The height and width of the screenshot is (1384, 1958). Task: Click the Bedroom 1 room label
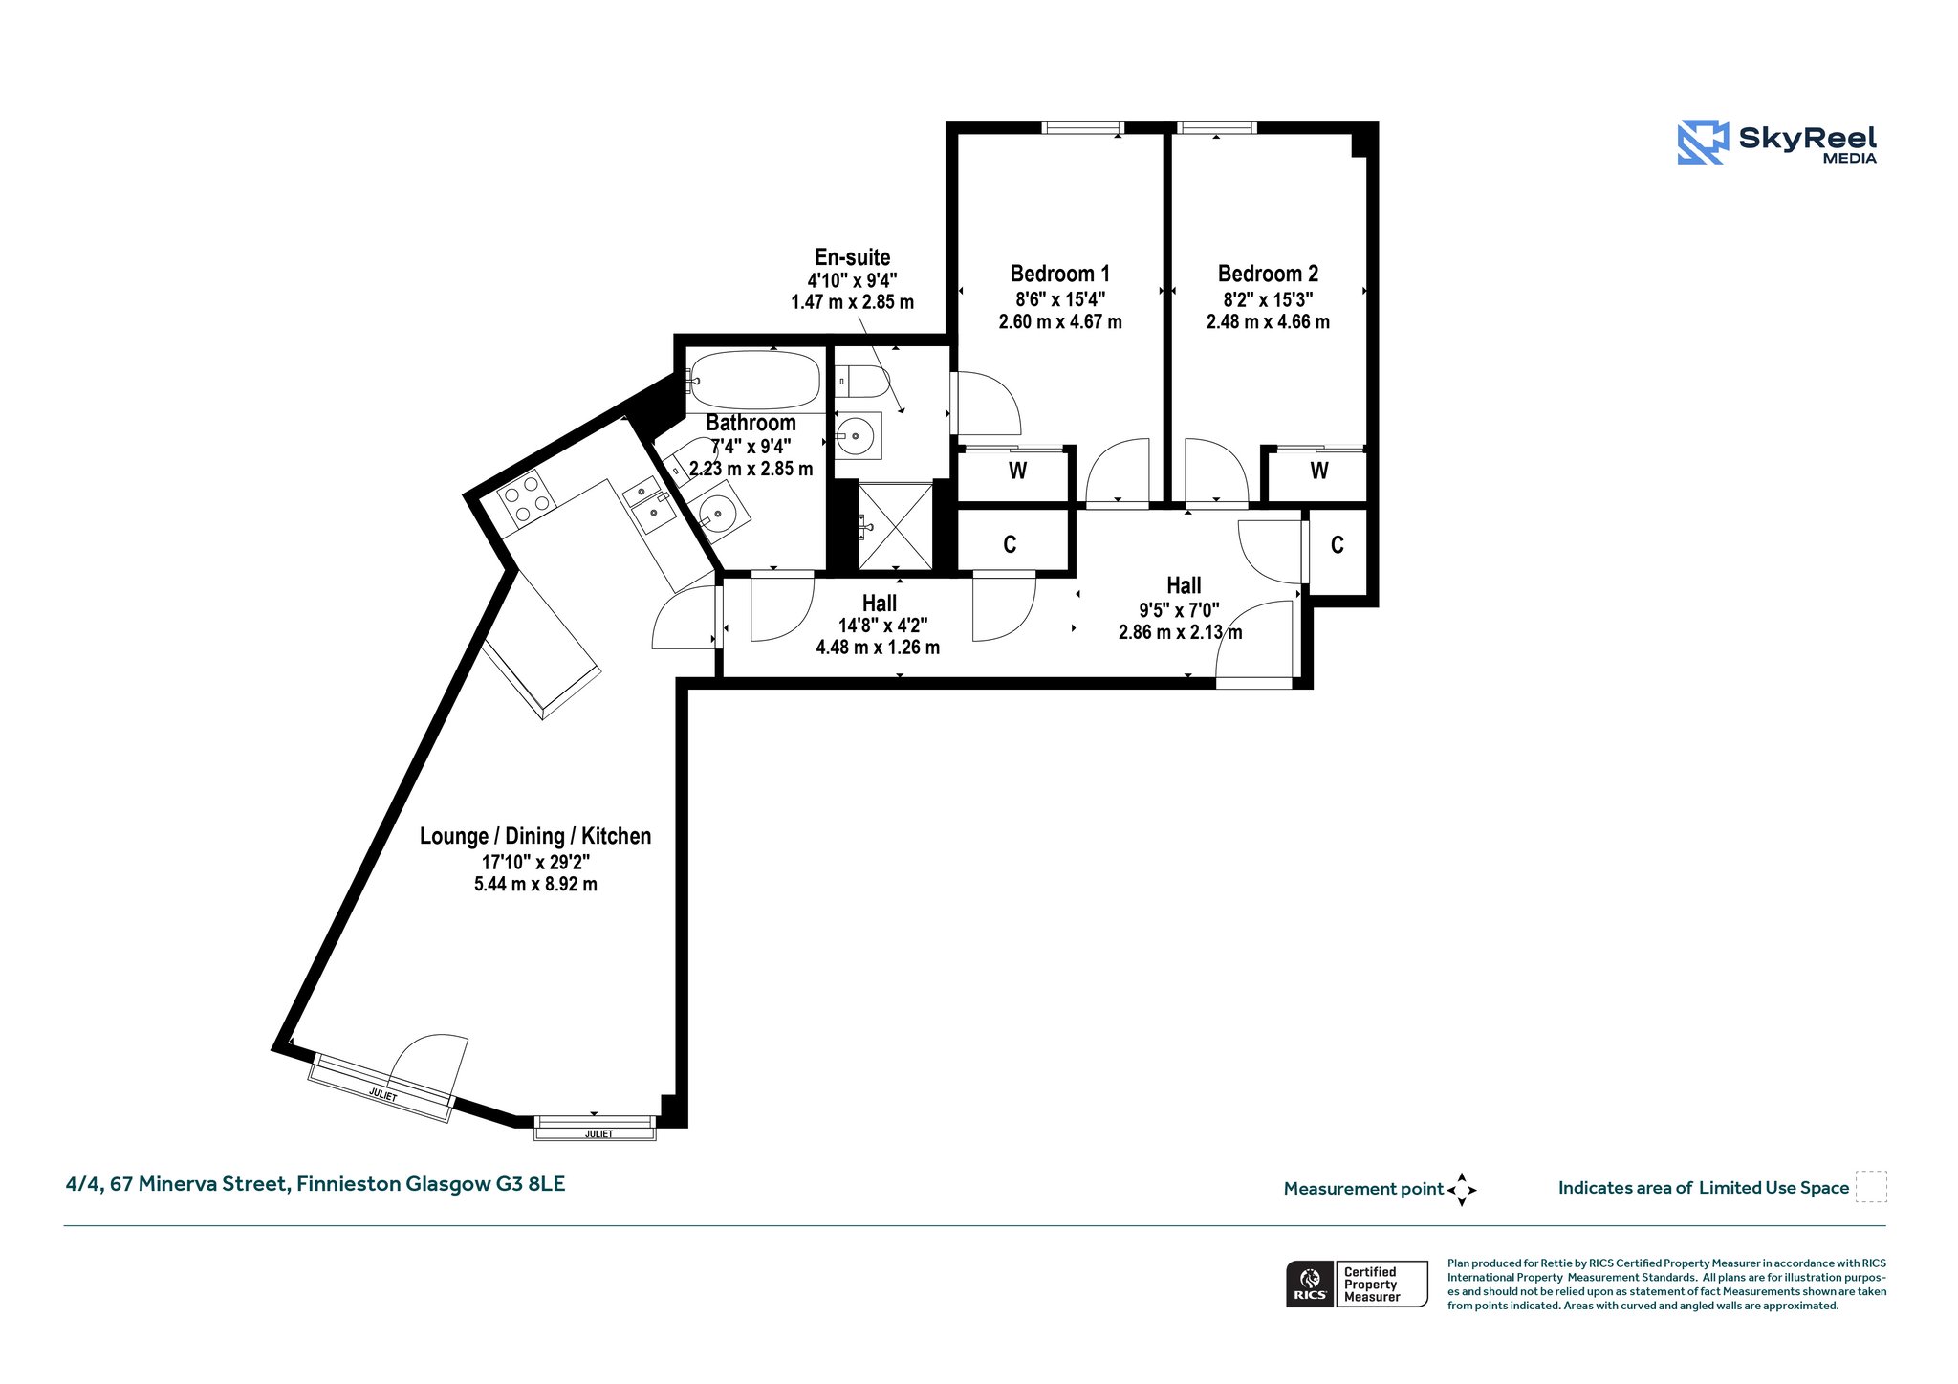click(1059, 274)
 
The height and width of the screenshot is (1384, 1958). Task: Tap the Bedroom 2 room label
click(1268, 274)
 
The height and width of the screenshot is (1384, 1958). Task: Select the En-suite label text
click(852, 257)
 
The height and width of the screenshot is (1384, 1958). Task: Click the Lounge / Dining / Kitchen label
click(535, 836)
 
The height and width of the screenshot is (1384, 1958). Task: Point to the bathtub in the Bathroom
click(754, 380)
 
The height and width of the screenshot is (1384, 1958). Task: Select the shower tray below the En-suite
click(895, 526)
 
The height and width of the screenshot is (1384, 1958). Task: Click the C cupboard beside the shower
click(1012, 544)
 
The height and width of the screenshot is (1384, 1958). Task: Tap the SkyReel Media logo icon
click(1703, 143)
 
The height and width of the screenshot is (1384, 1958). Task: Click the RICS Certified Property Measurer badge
click(1357, 1284)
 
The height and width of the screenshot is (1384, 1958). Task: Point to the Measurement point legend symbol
click(1462, 1190)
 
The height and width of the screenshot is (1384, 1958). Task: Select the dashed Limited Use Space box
click(1871, 1186)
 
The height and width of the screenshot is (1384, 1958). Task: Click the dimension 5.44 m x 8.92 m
click(535, 885)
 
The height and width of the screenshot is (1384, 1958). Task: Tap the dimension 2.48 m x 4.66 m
click(1268, 322)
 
